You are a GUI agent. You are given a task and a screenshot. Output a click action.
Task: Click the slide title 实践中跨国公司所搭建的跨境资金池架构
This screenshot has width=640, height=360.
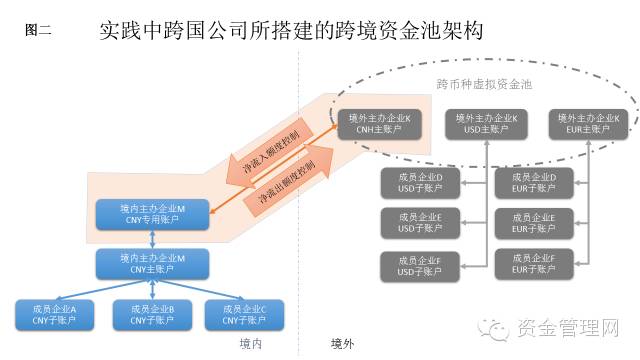(x=291, y=30)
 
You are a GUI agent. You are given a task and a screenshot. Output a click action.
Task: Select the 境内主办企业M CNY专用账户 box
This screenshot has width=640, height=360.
(x=153, y=214)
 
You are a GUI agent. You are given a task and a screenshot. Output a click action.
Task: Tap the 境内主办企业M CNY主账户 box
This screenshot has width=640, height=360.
(x=153, y=264)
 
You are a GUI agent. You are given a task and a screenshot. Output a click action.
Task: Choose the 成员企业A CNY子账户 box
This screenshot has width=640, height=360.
(x=55, y=315)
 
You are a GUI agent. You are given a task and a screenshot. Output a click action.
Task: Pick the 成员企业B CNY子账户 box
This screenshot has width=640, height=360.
(x=153, y=315)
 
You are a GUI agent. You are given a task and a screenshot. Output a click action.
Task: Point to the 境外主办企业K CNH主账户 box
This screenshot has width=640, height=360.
(x=378, y=123)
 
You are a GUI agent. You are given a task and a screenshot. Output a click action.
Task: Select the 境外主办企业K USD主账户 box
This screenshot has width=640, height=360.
(x=481, y=123)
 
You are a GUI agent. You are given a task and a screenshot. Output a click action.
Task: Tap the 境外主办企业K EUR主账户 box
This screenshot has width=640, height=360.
(x=589, y=123)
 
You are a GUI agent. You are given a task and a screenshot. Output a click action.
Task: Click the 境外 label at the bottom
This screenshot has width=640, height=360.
(x=343, y=343)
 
